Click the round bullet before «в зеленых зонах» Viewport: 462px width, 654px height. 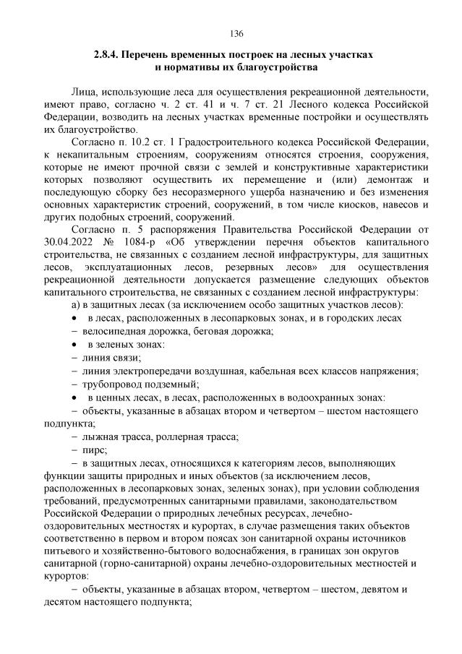click(x=75, y=345)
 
